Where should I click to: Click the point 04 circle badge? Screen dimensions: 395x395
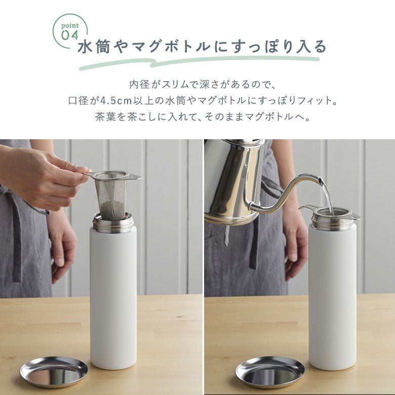(x=70, y=31)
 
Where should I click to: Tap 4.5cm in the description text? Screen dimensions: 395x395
(x=116, y=101)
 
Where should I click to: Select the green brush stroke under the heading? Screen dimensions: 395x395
(x=199, y=63)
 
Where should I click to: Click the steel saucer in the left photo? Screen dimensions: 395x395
(x=54, y=372)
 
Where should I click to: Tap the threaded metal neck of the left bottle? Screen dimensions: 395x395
(x=112, y=223)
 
